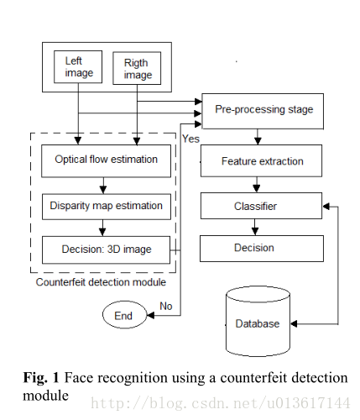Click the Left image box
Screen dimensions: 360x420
(x=78, y=66)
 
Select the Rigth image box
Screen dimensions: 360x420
(x=137, y=68)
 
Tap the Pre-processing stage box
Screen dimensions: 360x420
(x=263, y=111)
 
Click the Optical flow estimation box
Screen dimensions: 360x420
(x=106, y=161)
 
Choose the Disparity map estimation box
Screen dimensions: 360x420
(x=107, y=207)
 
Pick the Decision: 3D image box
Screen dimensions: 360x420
(x=106, y=250)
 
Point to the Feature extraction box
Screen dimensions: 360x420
(x=261, y=160)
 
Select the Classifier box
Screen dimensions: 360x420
(x=261, y=206)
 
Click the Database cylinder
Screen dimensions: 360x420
(x=258, y=321)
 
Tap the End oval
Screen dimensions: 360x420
(x=124, y=315)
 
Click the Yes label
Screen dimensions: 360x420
(x=190, y=139)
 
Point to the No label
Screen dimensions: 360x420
(x=166, y=306)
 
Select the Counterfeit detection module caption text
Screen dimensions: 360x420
(x=101, y=282)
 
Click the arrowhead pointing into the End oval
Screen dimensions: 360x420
(x=150, y=316)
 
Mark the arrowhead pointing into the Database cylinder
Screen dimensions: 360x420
(x=294, y=324)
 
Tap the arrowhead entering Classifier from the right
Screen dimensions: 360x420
(x=326, y=207)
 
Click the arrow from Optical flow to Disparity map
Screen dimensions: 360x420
(x=103, y=186)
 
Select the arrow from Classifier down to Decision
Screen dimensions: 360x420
(x=254, y=227)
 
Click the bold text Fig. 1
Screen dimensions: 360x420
(x=41, y=378)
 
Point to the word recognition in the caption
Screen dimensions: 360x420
(x=132, y=379)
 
